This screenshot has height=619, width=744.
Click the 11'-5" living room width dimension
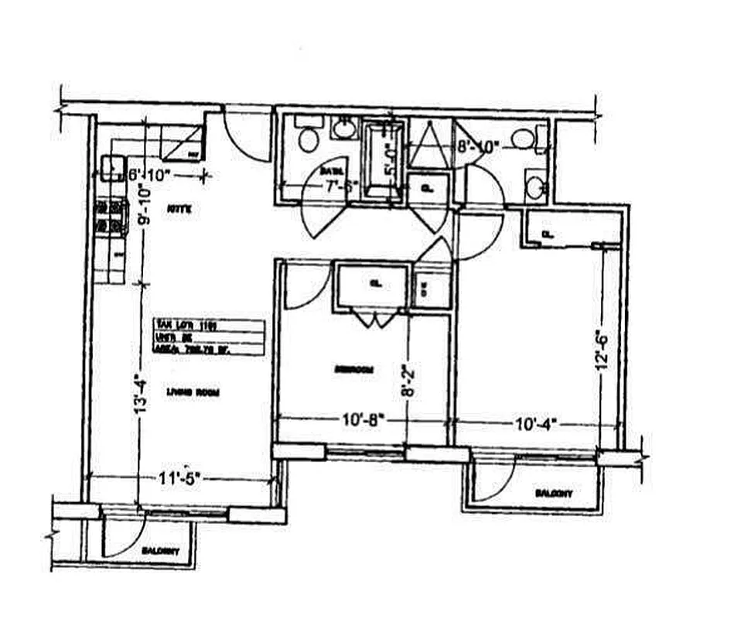pos(179,477)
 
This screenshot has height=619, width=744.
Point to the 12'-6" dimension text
pos(602,351)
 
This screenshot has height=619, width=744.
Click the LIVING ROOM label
pos(193,392)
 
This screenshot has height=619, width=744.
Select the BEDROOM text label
pos(353,370)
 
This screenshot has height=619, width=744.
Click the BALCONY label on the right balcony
pos(553,492)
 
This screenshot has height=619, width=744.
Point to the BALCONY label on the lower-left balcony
pos(162,551)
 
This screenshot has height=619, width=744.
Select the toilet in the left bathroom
pos(308,140)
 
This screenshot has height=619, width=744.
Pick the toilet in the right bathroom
pos(523,139)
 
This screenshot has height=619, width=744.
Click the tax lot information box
pos(209,337)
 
